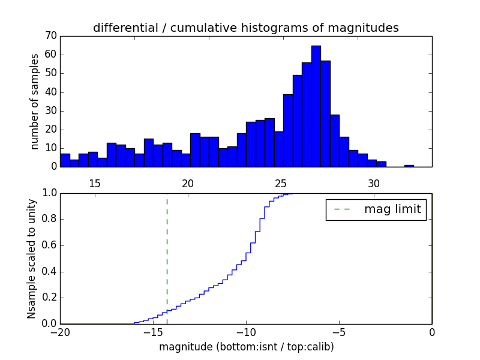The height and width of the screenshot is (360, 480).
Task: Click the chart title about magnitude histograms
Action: (245, 28)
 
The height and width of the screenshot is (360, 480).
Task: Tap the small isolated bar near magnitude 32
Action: (409, 166)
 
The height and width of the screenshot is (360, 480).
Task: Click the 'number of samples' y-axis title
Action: (35, 101)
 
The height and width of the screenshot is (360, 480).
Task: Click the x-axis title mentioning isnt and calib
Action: (246, 347)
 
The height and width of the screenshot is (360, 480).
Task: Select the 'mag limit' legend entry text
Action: (392, 209)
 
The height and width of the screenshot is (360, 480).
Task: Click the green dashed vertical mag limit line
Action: (167, 258)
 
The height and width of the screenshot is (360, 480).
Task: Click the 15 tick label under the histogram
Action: (94, 183)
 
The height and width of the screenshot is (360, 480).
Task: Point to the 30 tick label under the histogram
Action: (373, 183)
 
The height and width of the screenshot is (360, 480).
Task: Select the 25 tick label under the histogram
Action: (280, 183)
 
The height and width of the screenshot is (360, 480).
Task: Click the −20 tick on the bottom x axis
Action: (60, 332)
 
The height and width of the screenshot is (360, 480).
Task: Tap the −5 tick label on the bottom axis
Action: (339, 332)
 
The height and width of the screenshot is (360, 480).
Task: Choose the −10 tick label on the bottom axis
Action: (245, 332)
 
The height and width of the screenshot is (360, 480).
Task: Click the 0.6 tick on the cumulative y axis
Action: (48, 245)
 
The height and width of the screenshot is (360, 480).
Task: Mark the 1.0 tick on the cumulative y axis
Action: (48, 193)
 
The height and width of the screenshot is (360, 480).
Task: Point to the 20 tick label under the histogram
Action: (187, 183)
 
